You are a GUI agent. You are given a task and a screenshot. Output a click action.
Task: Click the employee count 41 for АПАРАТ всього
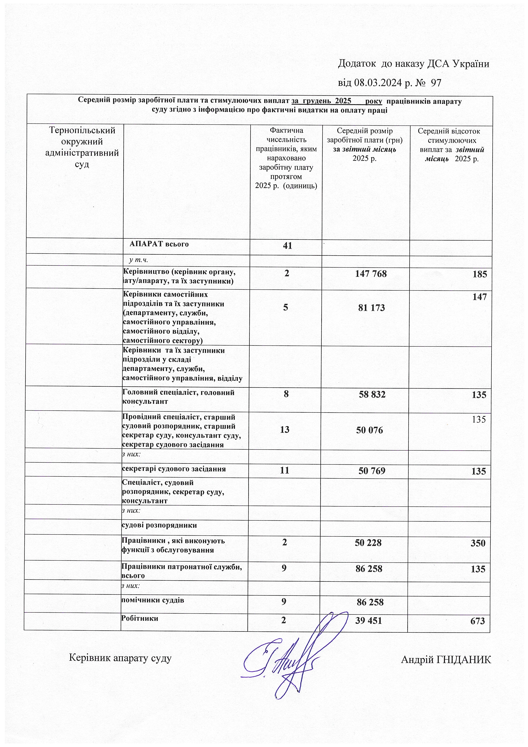(x=287, y=246)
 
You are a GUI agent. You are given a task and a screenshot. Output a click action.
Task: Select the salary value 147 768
(x=371, y=274)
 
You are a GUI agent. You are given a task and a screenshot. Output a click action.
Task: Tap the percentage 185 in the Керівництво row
(x=480, y=274)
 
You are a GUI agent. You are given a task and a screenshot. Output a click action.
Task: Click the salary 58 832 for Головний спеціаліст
(x=372, y=395)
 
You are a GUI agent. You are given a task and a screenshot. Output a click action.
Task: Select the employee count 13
(x=284, y=430)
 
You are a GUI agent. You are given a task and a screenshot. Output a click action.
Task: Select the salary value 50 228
(x=368, y=543)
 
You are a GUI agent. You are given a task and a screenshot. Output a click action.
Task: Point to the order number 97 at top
(x=436, y=83)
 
